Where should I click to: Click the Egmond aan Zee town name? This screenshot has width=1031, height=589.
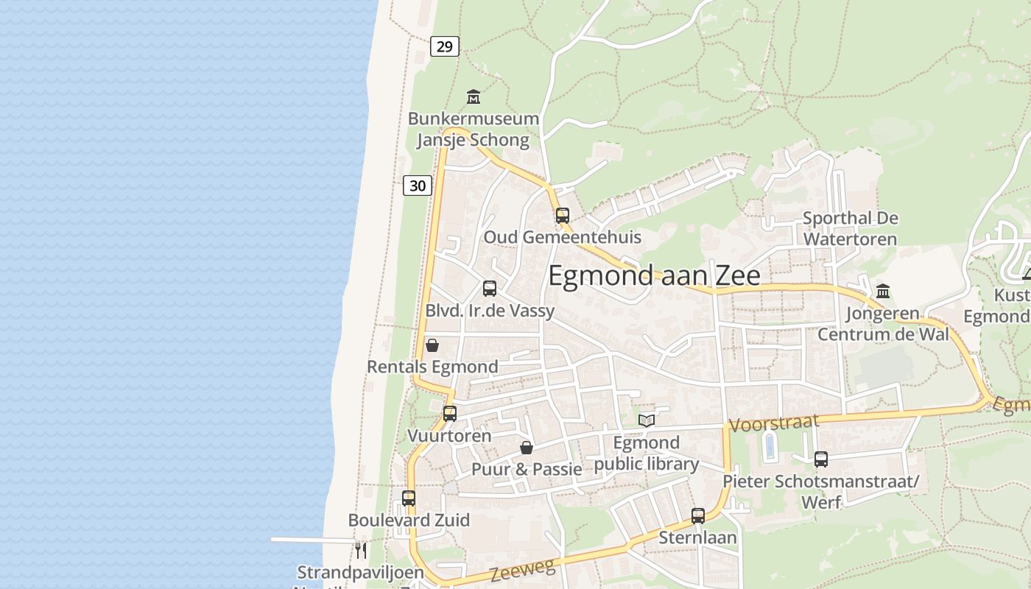[654, 275]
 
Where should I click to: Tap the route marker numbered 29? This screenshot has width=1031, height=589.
[444, 46]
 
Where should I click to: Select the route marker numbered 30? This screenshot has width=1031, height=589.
[418, 186]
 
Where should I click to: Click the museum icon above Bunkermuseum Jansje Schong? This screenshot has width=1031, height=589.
[474, 96]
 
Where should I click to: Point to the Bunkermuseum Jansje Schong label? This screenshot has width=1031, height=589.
[473, 129]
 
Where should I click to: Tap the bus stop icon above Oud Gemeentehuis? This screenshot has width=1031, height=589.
[563, 216]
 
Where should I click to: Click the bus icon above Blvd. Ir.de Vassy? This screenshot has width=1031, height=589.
[490, 289]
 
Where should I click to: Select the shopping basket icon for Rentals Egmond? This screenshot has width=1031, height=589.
[432, 345]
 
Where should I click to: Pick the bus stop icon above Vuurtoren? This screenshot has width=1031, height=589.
[450, 414]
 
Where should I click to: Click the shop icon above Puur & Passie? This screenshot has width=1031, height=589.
[527, 448]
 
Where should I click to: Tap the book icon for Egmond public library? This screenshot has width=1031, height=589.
[647, 420]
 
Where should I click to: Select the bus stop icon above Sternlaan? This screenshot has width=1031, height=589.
[698, 516]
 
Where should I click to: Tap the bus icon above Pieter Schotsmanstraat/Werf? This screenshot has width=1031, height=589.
[821, 459]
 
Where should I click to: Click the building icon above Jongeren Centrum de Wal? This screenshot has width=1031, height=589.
[883, 292]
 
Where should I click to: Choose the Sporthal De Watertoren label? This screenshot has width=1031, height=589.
[850, 228]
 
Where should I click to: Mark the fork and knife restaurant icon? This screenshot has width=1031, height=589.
[361, 550]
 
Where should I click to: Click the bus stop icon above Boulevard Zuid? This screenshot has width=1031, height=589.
[409, 498]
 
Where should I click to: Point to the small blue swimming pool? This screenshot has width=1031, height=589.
[770, 446]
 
